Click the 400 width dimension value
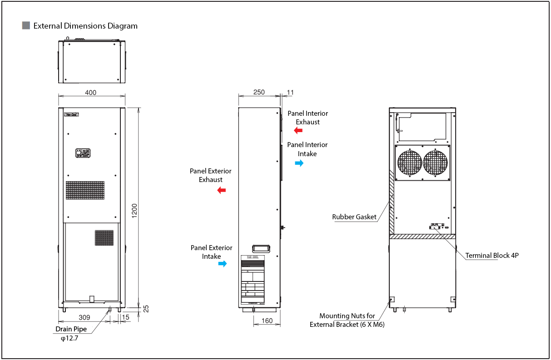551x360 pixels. click(x=91, y=93)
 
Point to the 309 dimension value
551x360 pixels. click(x=84, y=317)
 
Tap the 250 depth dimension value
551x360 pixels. click(x=259, y=92)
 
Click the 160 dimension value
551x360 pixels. click(x=268, y=321)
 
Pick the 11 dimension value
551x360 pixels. click(x=291, y=93)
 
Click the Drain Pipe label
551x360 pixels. click(x=71, y=329)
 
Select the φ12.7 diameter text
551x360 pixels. click(x=69, y=338)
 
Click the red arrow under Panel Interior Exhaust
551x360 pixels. click(x=298, y=131)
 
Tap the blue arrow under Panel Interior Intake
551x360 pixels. click(x=299, y=163)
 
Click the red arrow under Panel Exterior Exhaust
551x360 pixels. click(x=222, y=190)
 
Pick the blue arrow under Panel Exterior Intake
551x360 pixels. click(x=222, y=264)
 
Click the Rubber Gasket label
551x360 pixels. click(x=354, y=217)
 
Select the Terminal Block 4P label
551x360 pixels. click(x=492, y=256)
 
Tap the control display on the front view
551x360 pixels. click(x=83, y=153)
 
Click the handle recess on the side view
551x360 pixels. click(x=261, y=248)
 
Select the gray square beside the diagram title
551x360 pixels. click(x=26, y=25)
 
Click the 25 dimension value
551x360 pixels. click(x=146, y=309)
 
